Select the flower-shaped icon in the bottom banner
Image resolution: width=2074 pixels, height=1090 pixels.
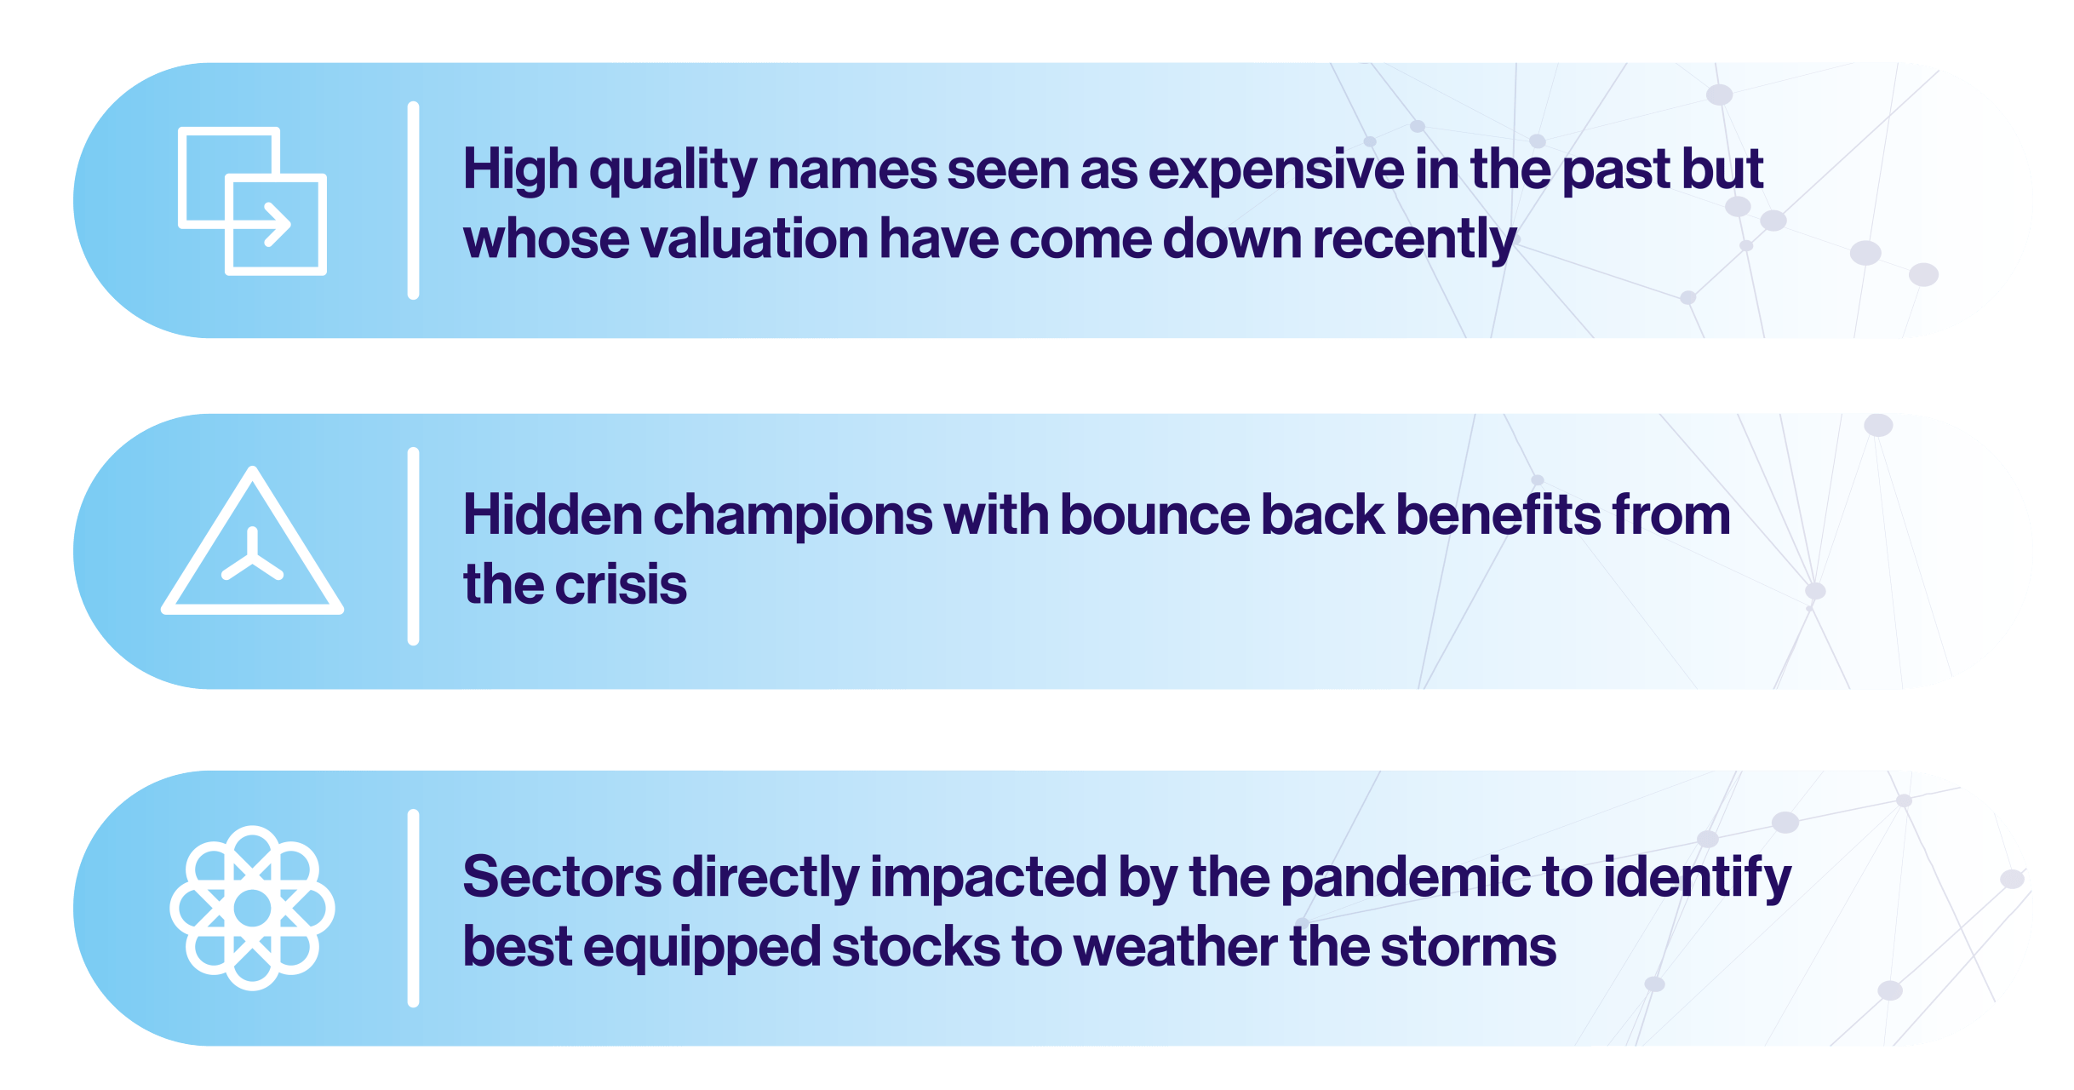tap(252, 908)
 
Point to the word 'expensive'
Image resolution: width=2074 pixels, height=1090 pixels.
tap(1276, 171)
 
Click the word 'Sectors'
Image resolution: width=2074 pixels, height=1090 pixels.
tap(562, 877)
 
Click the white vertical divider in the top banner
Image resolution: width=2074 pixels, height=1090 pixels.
tap(413, 200)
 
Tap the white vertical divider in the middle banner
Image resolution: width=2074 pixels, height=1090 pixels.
tap(413, 546)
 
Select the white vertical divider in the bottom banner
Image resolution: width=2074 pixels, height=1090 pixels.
tap(413, 909)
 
